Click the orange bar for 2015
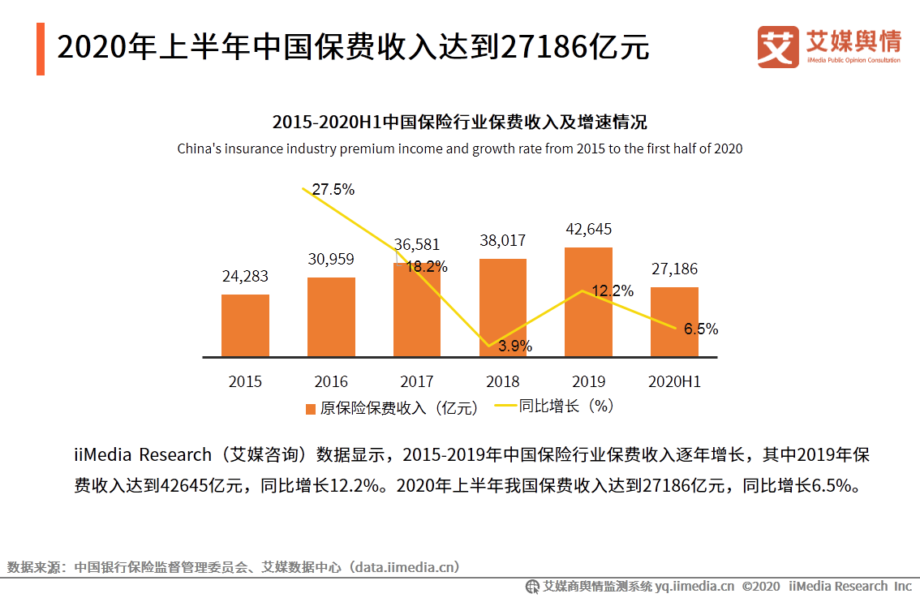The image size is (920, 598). click(x=245, y=325)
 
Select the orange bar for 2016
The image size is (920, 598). click(x=331, y=316)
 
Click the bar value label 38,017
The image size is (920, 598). click(x=502, y=241)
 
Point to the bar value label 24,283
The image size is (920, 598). click(x=245, y=277)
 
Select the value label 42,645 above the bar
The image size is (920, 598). click(x=588, y=229)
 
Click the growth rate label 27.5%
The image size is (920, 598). click(x=333, y=190)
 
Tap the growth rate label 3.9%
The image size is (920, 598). click(x=515, y=346)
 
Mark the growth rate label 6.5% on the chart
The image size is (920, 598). click(x=700, y=329)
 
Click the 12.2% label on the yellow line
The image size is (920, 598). click(x=613, y=291)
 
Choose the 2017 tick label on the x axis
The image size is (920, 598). click(x=417, y=381)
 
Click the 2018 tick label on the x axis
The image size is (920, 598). click(x=502, y=381)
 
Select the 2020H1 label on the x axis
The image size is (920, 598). click(x=674, y=381)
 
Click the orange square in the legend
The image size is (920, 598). click(x=311, y=409)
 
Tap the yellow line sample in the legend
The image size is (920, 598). click(x=505, y=407)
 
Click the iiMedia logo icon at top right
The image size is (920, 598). click(x=778, y=47)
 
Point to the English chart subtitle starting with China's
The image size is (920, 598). click(x=460, y=149)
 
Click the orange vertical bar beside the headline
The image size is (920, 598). click(x=41, y=49)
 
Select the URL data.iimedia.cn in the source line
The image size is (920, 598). click(x=403, y=567)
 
